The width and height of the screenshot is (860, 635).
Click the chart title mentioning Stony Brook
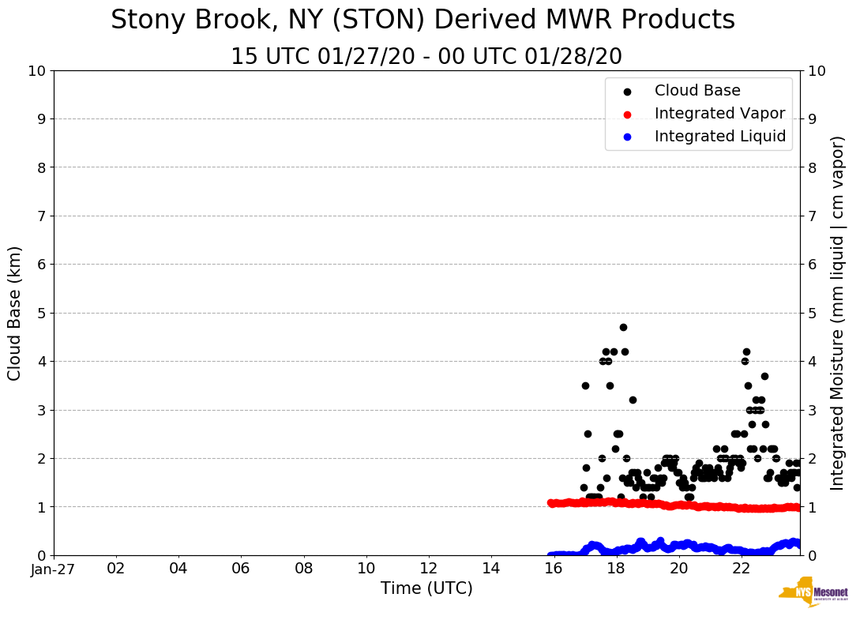click(x=422, y=21)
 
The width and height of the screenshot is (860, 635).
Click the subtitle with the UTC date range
click(x=426, y=57)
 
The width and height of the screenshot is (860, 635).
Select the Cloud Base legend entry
click(x=697, y=91)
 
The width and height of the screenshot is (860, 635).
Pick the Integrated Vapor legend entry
click(x=719, y=114)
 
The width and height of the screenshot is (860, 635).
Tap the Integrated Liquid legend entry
click(x=720, y=137)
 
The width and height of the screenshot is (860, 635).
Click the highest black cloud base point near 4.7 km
click(x=623, y=327)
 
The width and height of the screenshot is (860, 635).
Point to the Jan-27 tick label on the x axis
click(x=54, y=569)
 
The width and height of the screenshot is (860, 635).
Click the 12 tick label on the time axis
click(x=428, y=569)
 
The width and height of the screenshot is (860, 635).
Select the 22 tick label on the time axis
click(x=741, y=569)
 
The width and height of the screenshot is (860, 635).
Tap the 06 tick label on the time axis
click(x=241, y=569)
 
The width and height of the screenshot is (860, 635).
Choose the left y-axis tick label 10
click(x=36, y=70)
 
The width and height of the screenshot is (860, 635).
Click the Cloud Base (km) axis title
click(x=15, y=313)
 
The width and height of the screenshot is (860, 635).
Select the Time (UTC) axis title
click(x=426, y=588)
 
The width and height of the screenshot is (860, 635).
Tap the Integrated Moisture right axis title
click(x=837, y=313)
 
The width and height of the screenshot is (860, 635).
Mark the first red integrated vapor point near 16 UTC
click(x=551, y=502)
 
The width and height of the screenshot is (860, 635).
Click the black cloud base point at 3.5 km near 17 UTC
click(x=585, y=385)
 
